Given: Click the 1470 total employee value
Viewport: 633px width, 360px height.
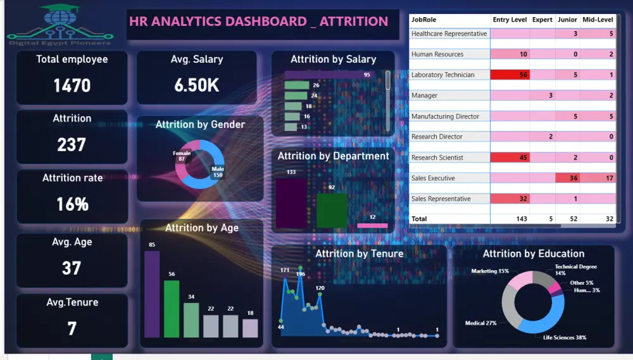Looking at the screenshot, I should (x=72, y=85).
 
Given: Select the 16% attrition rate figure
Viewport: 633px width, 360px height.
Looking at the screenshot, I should (x=72, y=204).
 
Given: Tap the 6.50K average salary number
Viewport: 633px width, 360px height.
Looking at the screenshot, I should (x=197, y=85).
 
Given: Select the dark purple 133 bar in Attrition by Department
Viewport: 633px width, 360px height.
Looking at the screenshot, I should (x=291, y=202).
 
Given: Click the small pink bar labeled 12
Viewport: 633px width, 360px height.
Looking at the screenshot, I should (x=372, y=225).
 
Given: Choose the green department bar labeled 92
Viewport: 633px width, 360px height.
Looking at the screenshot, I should (x=332, y=210).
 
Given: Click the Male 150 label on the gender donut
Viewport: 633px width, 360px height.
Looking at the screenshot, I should (x=218, y=171).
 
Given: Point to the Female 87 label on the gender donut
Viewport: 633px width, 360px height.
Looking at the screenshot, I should (x=182, y=156).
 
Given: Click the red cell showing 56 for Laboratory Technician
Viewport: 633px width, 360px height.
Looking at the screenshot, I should (x=510, y=75).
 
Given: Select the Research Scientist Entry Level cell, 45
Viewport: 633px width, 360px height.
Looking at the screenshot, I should (x=510, y=158).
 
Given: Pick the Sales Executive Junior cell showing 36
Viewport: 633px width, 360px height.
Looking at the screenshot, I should (x=567, y=178).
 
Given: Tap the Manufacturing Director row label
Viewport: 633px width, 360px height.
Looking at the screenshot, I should (x=445, y=116).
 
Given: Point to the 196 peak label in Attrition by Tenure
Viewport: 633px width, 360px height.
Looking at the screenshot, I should (x=301, y=274).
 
